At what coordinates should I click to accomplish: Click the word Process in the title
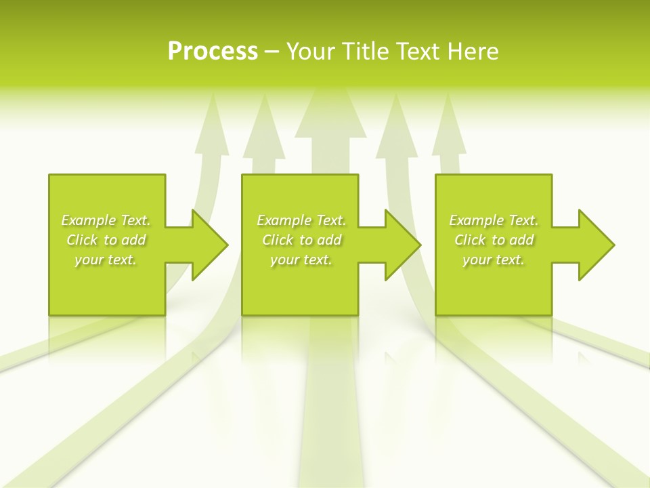click(213, 52)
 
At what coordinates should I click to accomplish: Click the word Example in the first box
click(88, 220)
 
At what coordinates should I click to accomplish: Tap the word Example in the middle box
click(284, 220)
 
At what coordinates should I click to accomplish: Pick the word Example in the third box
click(476, 220)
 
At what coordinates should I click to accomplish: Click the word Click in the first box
click(81, 240)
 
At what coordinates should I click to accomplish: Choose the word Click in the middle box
click(277, 240)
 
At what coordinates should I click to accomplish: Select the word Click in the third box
click(469, 240)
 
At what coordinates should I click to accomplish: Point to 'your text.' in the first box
click(106, 260)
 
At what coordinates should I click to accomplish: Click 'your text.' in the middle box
click(301, 260)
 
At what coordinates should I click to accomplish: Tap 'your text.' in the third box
click(494, 260)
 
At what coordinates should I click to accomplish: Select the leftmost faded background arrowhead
click(212, 125)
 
